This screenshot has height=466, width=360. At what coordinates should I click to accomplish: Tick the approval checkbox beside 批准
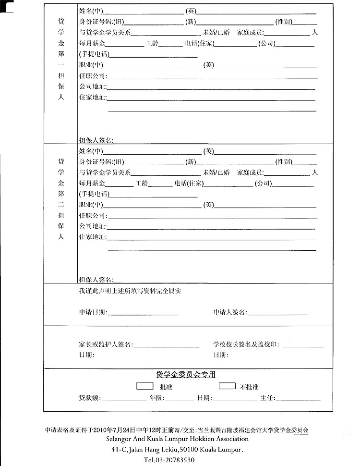tap(145, 386)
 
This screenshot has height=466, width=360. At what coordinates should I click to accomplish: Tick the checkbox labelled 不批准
tap(227, 386)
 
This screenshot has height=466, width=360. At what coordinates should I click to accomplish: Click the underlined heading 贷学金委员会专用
tap(186, 375)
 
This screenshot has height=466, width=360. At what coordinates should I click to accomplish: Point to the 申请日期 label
tap(93, 312)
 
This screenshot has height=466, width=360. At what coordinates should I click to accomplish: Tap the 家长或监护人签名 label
tap(106, 344)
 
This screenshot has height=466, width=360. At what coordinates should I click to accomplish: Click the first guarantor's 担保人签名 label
tap(96, 140)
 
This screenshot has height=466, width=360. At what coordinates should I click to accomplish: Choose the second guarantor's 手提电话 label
tap(95, 194)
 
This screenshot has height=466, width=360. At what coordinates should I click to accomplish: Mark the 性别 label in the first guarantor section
tap(283, 22)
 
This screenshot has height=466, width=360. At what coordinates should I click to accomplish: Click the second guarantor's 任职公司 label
tap(93, 216)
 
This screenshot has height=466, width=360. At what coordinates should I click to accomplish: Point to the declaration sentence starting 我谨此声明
tap(130, 291)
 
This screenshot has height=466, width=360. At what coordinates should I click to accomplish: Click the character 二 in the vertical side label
tap(61, 205)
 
